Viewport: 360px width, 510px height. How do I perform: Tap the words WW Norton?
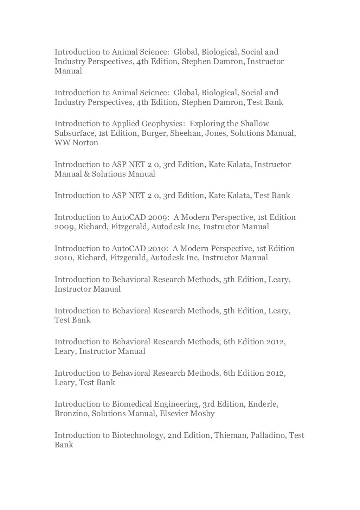tap(76, 143)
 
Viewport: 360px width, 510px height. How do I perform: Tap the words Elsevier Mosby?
tap(187, 414)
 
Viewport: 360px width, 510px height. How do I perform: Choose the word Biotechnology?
tap(137, 435)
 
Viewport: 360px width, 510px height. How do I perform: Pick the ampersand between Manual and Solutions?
tap(86, 174)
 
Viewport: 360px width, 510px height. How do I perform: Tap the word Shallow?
tap(255, 124)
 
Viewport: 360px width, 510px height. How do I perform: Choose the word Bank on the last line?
tap(64, 445)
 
